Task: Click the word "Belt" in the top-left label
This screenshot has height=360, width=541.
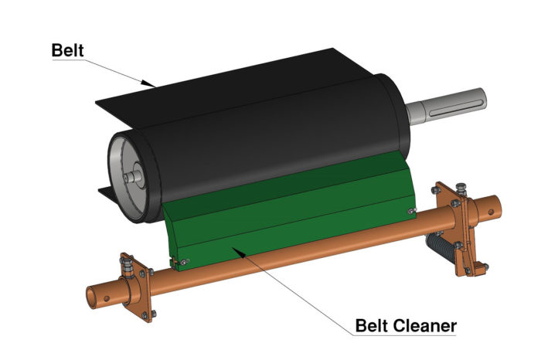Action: click(x=69, y=49)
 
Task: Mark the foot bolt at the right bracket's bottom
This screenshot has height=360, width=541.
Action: click(x=483, y=268)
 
